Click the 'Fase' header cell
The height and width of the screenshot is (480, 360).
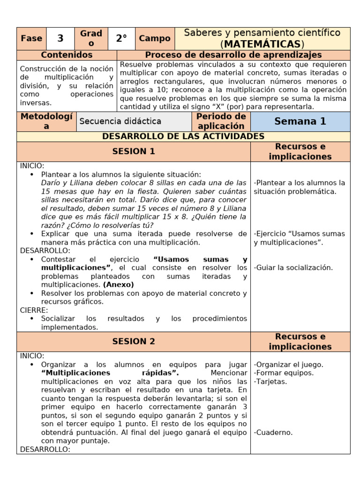[x=31, y=38]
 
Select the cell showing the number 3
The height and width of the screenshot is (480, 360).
[x=60, y=38]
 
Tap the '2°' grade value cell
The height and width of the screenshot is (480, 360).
[x=121, y=38]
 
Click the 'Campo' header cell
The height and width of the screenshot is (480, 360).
[x=155, y=38]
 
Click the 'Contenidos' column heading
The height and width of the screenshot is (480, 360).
[x=67, y=55]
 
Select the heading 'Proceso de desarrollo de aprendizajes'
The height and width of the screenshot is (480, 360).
[x=233, y=55]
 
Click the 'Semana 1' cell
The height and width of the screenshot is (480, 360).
[x=300, y=121]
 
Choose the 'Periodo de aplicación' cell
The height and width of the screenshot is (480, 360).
[x=221, y=121]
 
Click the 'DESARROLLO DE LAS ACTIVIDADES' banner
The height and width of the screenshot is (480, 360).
[x=183, y=136]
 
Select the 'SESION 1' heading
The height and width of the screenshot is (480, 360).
[x=134, y=151]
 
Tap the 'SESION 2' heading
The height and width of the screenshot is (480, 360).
[x=134, y=341]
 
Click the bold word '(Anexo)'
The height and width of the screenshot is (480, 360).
[x=119, y=285]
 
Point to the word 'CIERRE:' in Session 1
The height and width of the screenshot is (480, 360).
[x=34, y=310]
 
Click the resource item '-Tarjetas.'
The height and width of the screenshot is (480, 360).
[x=270, y=382]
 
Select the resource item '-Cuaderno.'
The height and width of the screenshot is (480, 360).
[x=273, y=433]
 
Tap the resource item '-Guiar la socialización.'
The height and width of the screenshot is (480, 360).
[x=293, y=268]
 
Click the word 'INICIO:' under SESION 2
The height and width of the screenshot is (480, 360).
[x=32, y=356]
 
